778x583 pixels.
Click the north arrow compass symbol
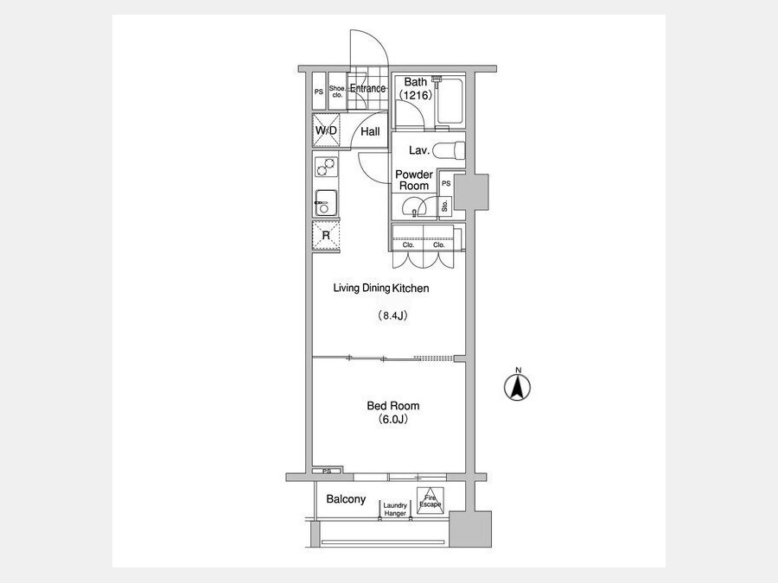coord(517,387)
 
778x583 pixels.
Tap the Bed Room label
coord(393,406)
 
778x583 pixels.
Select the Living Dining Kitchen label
coord(381,288)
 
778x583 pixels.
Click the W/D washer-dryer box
coord(326,130)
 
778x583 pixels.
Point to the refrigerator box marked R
coord(326,236)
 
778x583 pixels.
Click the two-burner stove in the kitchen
coord(326,167)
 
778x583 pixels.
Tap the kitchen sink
coord(326,203)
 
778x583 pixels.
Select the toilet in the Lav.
coord(449,150)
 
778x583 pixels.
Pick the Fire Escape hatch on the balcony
coord(430,501)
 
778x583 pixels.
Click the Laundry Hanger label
coord(395,510)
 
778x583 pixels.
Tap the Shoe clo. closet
coord(337,92)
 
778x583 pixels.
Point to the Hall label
coord(370,131)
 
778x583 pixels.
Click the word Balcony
coord(346,499)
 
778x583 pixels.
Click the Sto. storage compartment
coord(445,206)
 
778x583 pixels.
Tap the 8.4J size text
coord(393,315)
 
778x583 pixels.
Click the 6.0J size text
coord(393,420)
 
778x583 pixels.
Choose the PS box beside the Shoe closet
coord(319,92)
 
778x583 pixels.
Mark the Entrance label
coord(367,88)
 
